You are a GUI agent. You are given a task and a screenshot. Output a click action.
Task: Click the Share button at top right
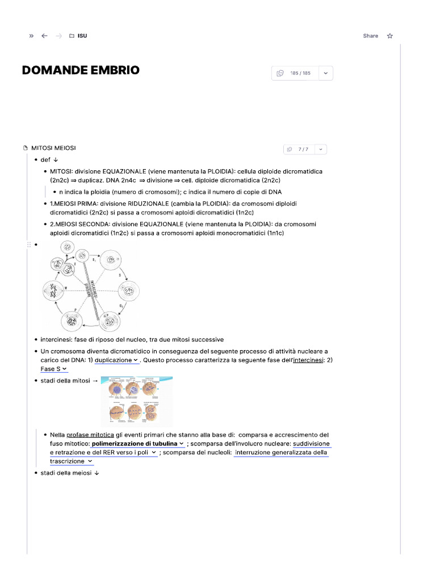pyautogui.click(x=370, y=36)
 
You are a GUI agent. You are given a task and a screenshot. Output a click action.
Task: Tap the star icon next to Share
pyautogui.click(x=389, y=36)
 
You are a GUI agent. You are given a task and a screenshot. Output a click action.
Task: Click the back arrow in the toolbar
pyautogui.click(x=44, y=36)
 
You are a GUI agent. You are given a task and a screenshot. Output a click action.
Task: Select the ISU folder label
pyautogui.click(x=82, y=36)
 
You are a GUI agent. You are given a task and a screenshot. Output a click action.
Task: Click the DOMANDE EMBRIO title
pyautogui.click(x=81, y=70)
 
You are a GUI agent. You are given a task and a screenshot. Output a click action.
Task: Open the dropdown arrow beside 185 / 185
pyautogui.click(x=326, y=73)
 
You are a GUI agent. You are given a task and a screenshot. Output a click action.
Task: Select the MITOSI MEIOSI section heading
pyautogui.click(x=53, y=148)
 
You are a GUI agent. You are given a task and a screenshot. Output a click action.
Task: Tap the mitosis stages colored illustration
pyautogui.click(x=136, y=401)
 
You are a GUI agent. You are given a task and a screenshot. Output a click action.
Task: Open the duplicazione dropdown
pyautogui.click(x=116, y=360)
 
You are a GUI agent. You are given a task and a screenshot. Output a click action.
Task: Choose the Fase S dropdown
pyautogui.click(x=53, y=369)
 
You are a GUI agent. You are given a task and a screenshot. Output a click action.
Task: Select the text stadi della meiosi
pyautogui.click(x=66, y=473)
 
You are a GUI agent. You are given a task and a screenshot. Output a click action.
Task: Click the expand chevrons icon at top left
pyautogui.click(x=31, y=36)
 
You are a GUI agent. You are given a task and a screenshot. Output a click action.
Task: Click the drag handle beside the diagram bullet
pyautogui.click(x=28, y=245)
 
